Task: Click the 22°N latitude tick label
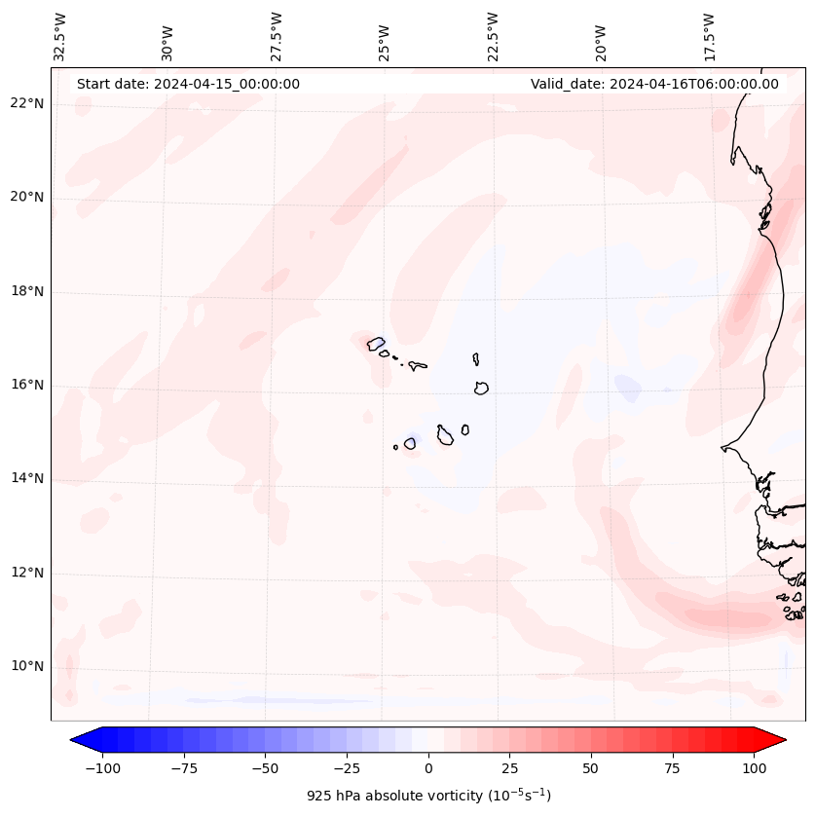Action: click(28, 104)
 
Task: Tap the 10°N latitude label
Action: click(28, 667)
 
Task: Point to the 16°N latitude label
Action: click(28, 386)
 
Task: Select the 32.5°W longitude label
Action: click(60, 37)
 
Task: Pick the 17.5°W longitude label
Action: click(709, 37)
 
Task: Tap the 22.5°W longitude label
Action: click(493, 37)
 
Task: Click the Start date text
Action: click(188, 84)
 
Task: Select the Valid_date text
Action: click(654, 84)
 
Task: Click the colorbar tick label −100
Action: click(102, 768)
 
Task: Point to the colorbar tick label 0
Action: click(428, 768)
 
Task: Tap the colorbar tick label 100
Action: click(755, 768)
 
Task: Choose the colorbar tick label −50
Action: click(265, 768)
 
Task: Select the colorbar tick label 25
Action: click(509, 768)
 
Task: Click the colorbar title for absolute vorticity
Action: click(428, 796)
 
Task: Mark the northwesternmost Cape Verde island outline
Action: click(376, 344)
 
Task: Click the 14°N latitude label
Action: click(28, 479)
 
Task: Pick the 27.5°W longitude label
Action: click(277, 37)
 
